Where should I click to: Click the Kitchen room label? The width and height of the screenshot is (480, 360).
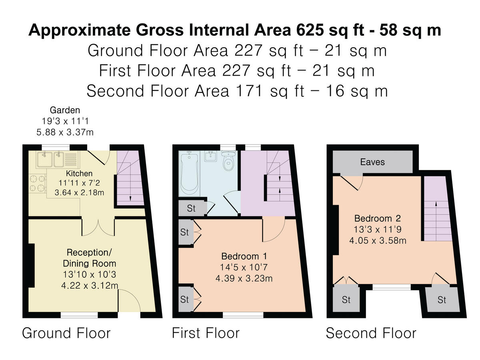coord(79,174)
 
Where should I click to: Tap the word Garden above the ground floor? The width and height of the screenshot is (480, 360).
coord(65,110)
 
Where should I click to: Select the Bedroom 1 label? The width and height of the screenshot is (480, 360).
coord(244,256)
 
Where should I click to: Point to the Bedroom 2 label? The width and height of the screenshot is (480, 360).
coord(377,219)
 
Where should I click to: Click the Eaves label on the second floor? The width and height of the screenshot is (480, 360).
coord(372,162)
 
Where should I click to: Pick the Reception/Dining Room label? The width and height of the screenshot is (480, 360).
coord(90,258)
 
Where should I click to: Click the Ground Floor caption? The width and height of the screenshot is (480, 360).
coord(66,333)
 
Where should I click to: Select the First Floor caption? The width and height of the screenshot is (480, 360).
coord(206,333)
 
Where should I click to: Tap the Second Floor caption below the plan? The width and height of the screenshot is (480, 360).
coord(371,333)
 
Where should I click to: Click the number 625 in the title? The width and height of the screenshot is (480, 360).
coord(313,30)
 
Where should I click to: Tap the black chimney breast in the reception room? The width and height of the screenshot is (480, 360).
coord(31,265)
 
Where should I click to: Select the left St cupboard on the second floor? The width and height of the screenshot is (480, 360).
coord(346,300)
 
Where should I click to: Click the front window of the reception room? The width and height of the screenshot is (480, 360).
coord(79,316)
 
